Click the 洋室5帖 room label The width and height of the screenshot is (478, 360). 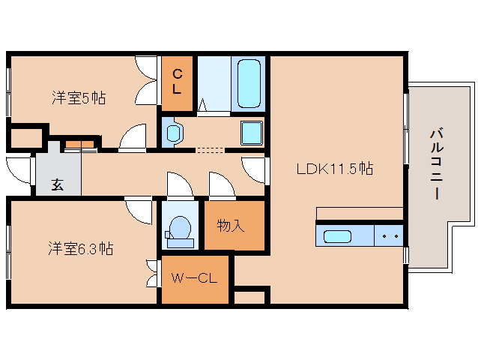78,97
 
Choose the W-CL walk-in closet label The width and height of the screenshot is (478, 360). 194,279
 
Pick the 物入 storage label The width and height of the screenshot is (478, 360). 231,225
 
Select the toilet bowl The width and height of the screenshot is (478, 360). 180,229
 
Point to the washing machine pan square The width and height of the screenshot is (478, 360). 250,133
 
